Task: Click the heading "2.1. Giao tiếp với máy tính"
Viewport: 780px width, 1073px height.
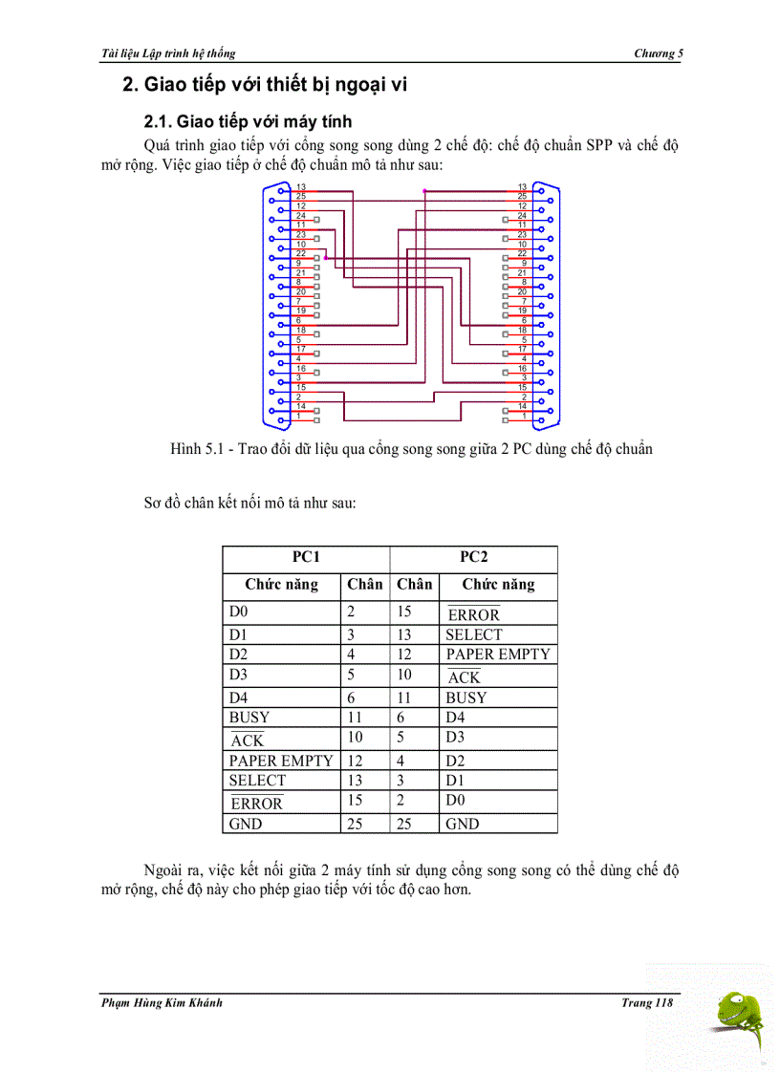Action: pyautogui.click(x=248, y=121)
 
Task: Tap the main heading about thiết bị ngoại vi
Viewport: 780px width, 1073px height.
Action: pyautogui.click(x=265, y=84)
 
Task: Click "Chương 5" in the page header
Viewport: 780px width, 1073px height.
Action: pyautogui.click(x=659, y=54)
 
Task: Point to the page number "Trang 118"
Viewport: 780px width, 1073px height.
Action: pyautogui.click(x=647, y=1002)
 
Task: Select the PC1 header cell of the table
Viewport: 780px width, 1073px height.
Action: pyautogui.click(x=306, y=557)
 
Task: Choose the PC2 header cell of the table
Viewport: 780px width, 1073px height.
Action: pyautogui.click(x=473, y=557)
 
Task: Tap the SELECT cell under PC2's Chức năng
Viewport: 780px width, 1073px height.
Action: pyautogui.click(x=473, y=634)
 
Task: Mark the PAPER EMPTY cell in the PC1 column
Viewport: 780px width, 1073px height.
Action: pyautogui.click(x=281, y=761)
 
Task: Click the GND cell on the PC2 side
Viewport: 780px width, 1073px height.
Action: pyautogui.click(x=463, y=824)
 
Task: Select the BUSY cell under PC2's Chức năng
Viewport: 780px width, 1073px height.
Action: pyautogui.click(x=466, y=697)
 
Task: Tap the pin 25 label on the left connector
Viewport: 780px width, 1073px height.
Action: pyautogui.click(x=301, y=197)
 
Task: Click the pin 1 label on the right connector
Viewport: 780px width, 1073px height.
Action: pyautogui.click(x=522, y=417)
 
